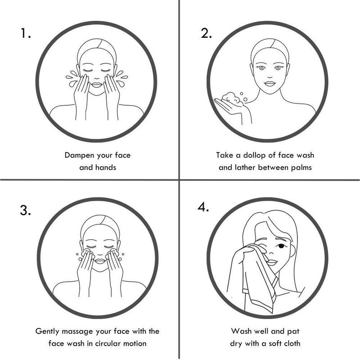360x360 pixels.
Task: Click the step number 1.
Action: click(25, 33)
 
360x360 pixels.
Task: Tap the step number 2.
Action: click(206, 33)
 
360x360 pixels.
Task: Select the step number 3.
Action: click(25, 210)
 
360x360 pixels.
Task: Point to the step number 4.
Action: click(203, 207)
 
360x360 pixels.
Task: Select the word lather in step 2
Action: click(245, 167)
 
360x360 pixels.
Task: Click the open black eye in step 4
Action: click(281, 246)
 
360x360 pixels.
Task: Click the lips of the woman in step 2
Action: click(270, 83)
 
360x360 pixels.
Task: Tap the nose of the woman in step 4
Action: click(271, 252)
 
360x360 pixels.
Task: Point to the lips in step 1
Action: click(97, 85)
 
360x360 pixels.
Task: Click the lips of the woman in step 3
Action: click(100, 261)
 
